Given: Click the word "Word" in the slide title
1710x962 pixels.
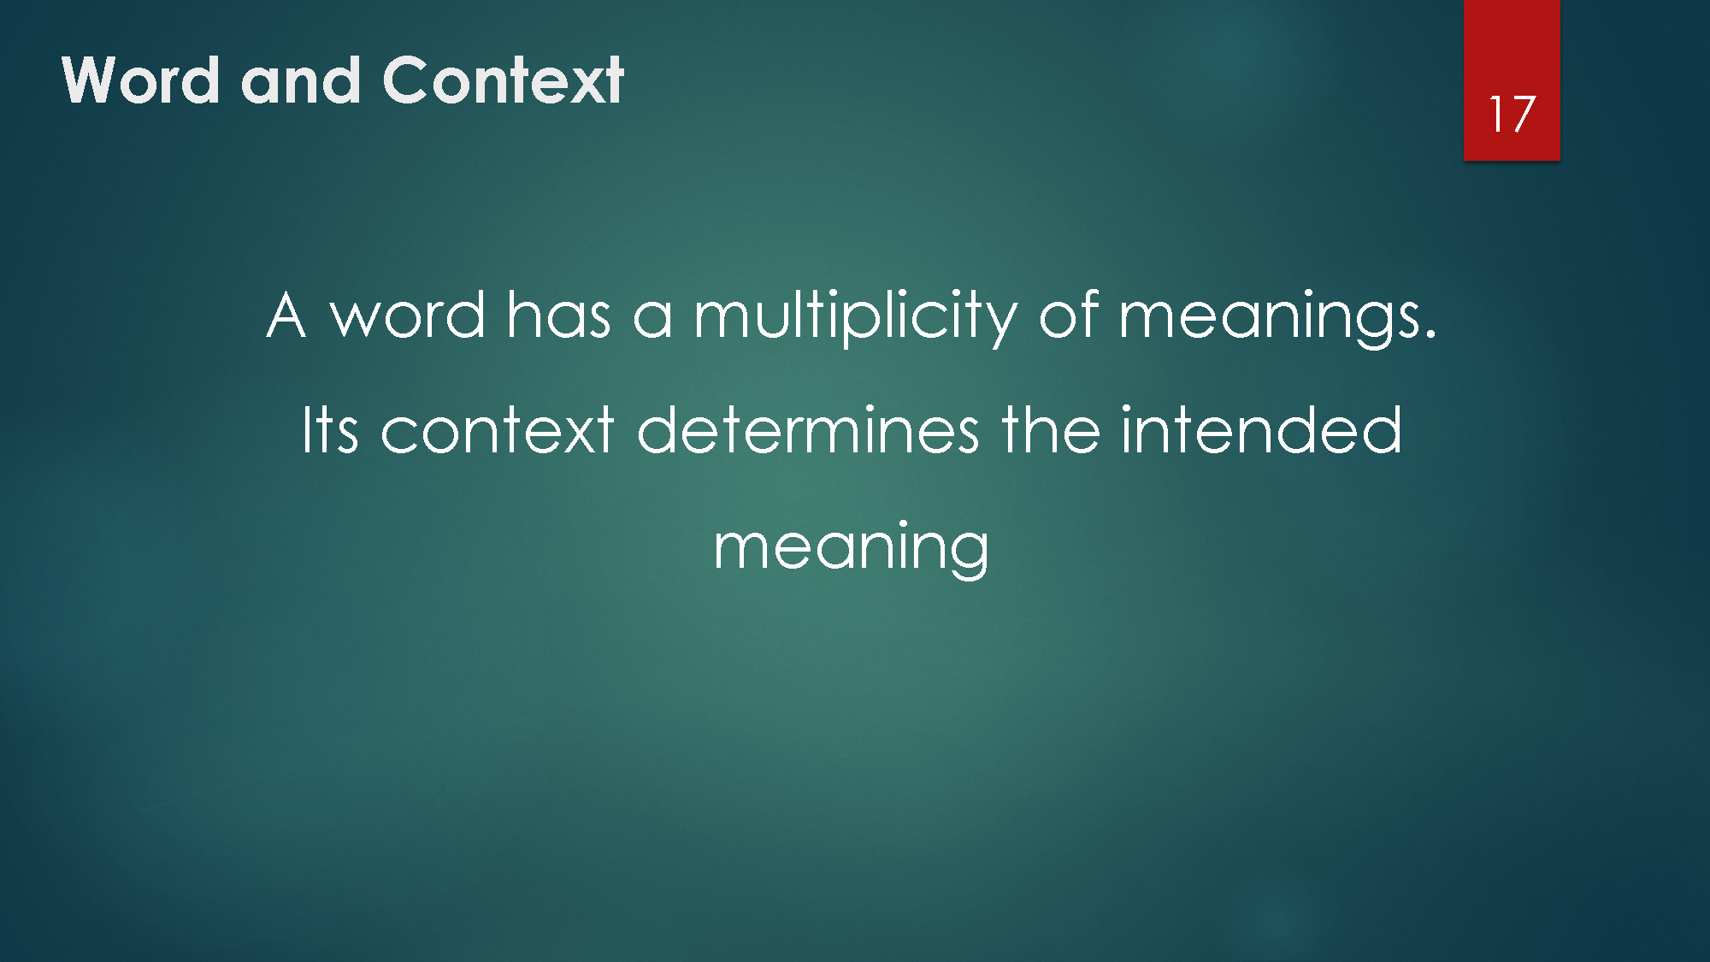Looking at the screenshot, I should click(140, 80).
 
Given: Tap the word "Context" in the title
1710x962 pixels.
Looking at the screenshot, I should click(503, 80).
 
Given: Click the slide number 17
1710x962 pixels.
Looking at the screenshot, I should click(1512, 114).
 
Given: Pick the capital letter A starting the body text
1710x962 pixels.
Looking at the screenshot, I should click(286, 316).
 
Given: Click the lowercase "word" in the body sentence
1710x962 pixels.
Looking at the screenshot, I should click(409, 316).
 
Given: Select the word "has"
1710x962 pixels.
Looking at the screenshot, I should click(558, 316).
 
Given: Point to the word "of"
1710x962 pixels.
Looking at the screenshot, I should click(1068, 316).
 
